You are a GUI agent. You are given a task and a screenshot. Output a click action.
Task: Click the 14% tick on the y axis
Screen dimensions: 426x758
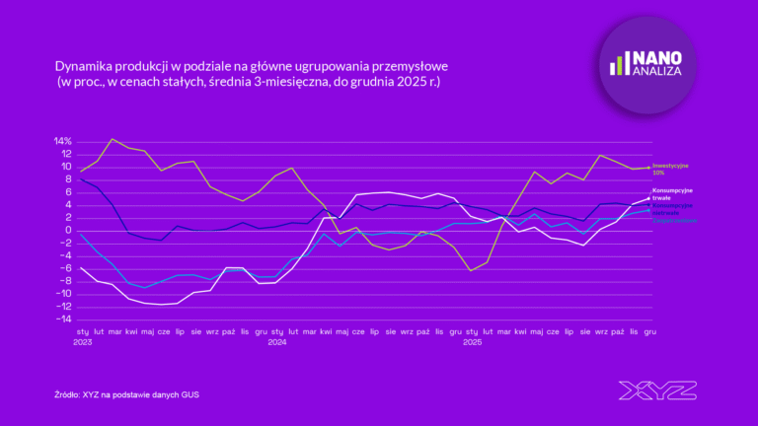click(x=61, y=141)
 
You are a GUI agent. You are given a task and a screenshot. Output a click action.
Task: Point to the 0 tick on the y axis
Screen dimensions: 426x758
click(x=67, y=230)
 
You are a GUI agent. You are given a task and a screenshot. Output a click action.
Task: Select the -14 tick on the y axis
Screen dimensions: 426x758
click(x=61, y=319)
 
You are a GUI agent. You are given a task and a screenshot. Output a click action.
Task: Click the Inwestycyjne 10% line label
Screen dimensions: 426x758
click(x=671, y=169)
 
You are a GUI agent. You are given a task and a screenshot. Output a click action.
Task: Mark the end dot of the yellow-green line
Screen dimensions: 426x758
click(x=648, y=168)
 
